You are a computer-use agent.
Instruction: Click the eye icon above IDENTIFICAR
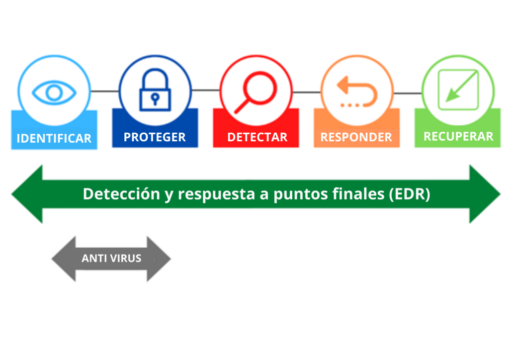[54, 92]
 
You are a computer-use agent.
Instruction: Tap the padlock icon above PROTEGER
[155, 90]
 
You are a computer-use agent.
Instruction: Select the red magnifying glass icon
[256, 92]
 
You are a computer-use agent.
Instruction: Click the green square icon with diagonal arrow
[458, 90]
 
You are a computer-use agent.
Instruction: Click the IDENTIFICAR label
[54, 138]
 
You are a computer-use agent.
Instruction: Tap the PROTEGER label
[155, 137]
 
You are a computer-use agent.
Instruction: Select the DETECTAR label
[257, 137]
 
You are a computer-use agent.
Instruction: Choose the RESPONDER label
[356, 137]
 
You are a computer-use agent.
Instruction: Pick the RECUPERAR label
[458, 136]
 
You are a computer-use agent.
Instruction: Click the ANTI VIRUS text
[111, 259]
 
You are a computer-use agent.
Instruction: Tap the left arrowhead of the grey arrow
[64, 259]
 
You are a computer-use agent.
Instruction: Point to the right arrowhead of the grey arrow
[159, 259]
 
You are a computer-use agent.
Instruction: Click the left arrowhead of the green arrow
[27, 194]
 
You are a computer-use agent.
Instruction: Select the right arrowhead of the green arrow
[485, 194]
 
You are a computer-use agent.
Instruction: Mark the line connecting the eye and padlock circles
[104, 91]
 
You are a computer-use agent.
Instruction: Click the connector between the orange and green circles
[408, 93]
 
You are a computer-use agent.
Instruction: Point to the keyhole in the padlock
[155, 98]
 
